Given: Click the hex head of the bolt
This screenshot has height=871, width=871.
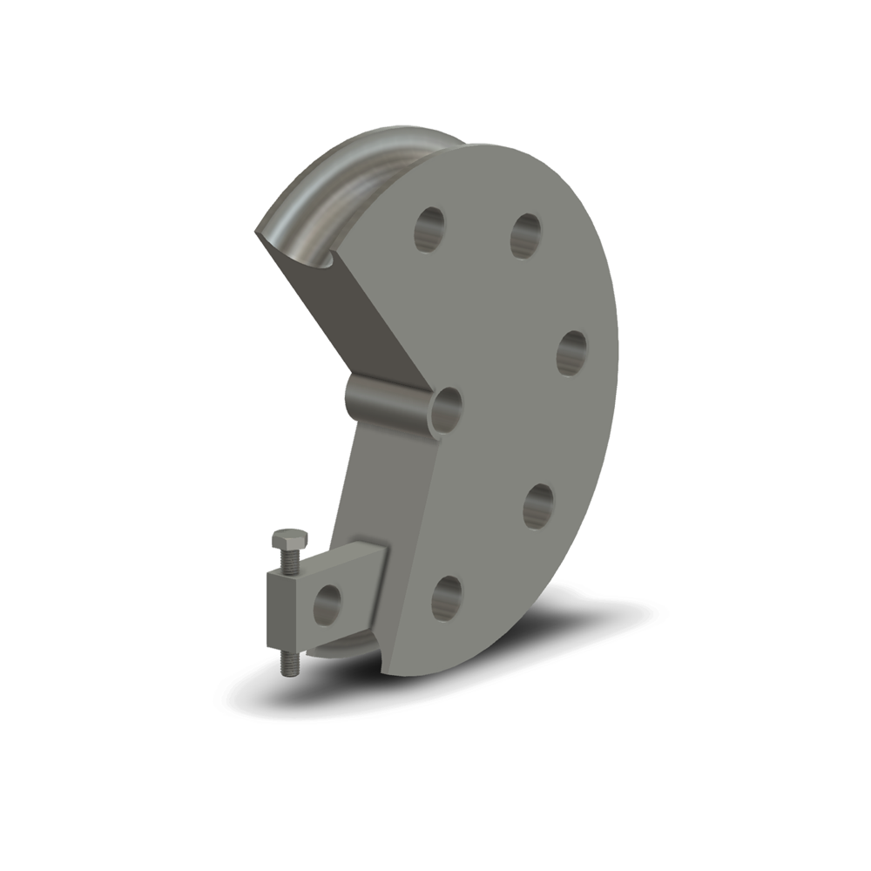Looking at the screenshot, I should [x=289, y=544].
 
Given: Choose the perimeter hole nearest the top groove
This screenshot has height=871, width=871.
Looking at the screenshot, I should [x=428, y=227].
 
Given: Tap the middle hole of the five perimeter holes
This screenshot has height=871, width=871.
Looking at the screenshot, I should [x=571, y=352].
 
